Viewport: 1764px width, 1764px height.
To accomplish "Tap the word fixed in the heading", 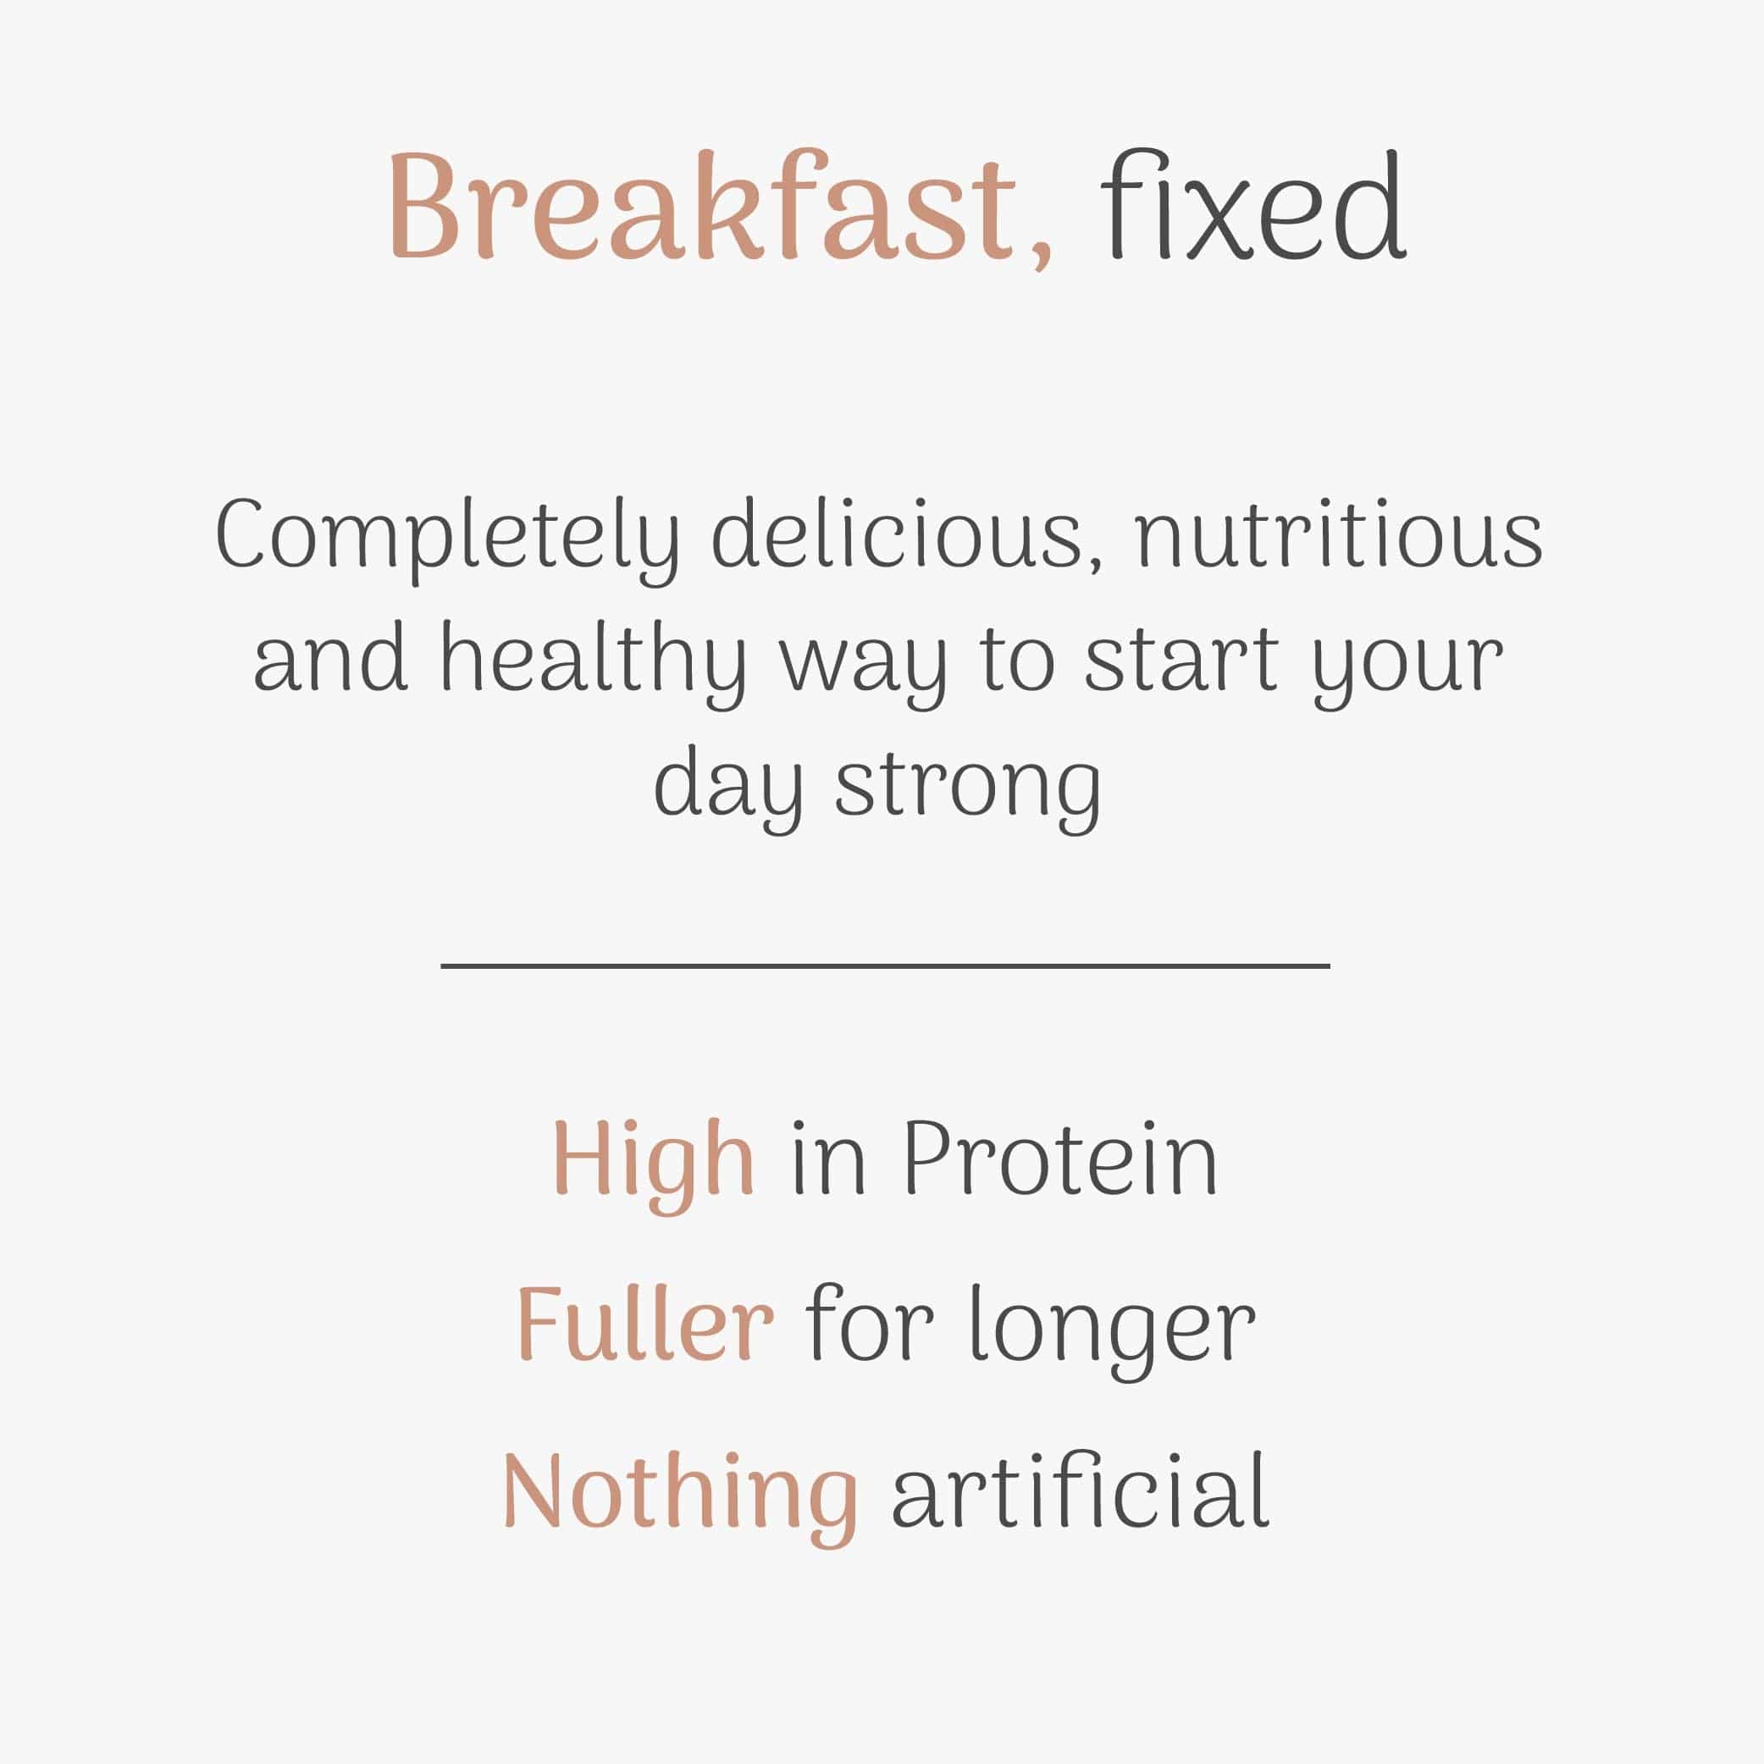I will click(x=1252, y=207).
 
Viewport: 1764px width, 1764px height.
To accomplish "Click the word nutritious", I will click(x=1338, y=535).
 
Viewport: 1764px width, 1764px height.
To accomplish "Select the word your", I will click(x=1407, y=666).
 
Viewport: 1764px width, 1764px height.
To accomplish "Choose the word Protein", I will click(x=1060, y=1158).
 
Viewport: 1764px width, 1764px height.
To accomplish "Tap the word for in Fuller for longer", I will click(x=869, y=1324).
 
